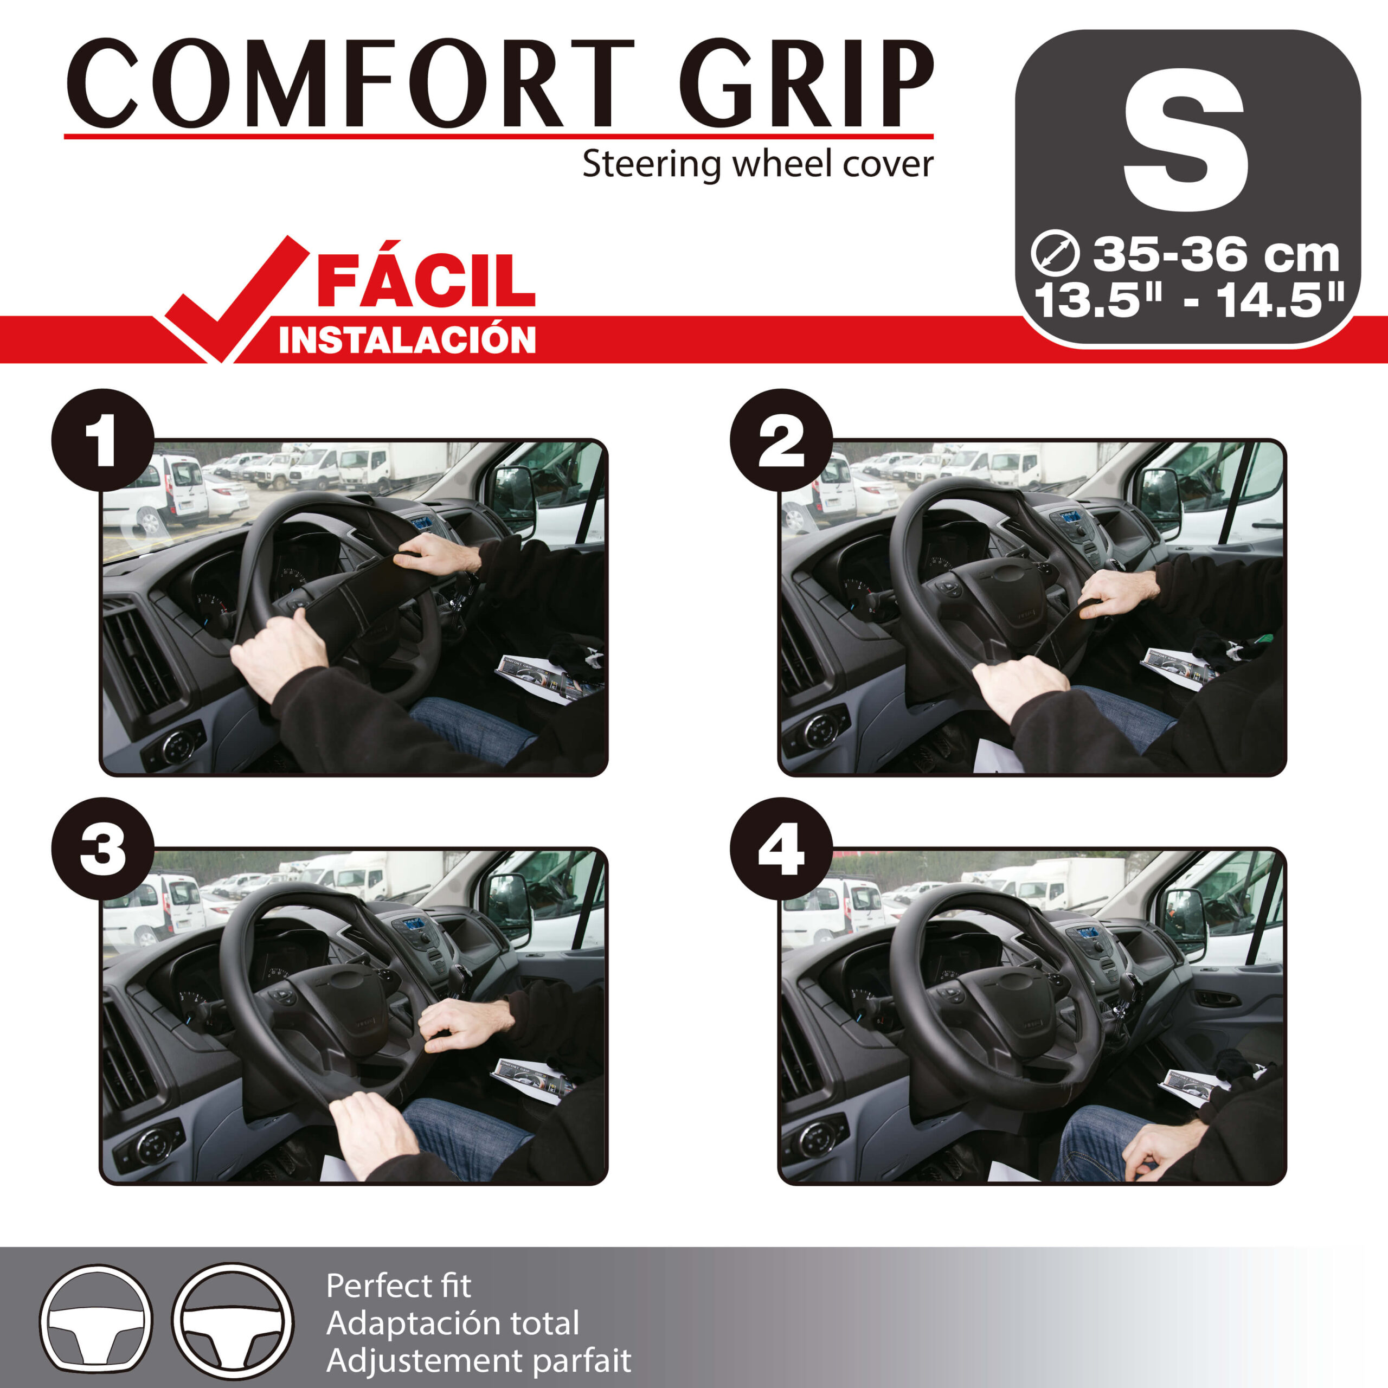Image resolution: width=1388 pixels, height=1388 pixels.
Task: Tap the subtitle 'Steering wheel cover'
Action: tap(757, 164)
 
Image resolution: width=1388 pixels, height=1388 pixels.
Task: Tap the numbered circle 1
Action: tap(102, 440)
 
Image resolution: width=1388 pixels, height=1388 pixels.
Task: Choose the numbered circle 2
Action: tap(781, 440)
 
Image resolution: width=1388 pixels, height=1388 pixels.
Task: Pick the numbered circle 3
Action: tap(102, 848)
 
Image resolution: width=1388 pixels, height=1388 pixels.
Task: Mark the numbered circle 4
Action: tap(781, 848)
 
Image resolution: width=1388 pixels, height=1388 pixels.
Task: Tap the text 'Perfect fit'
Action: tap(399, 1286)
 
